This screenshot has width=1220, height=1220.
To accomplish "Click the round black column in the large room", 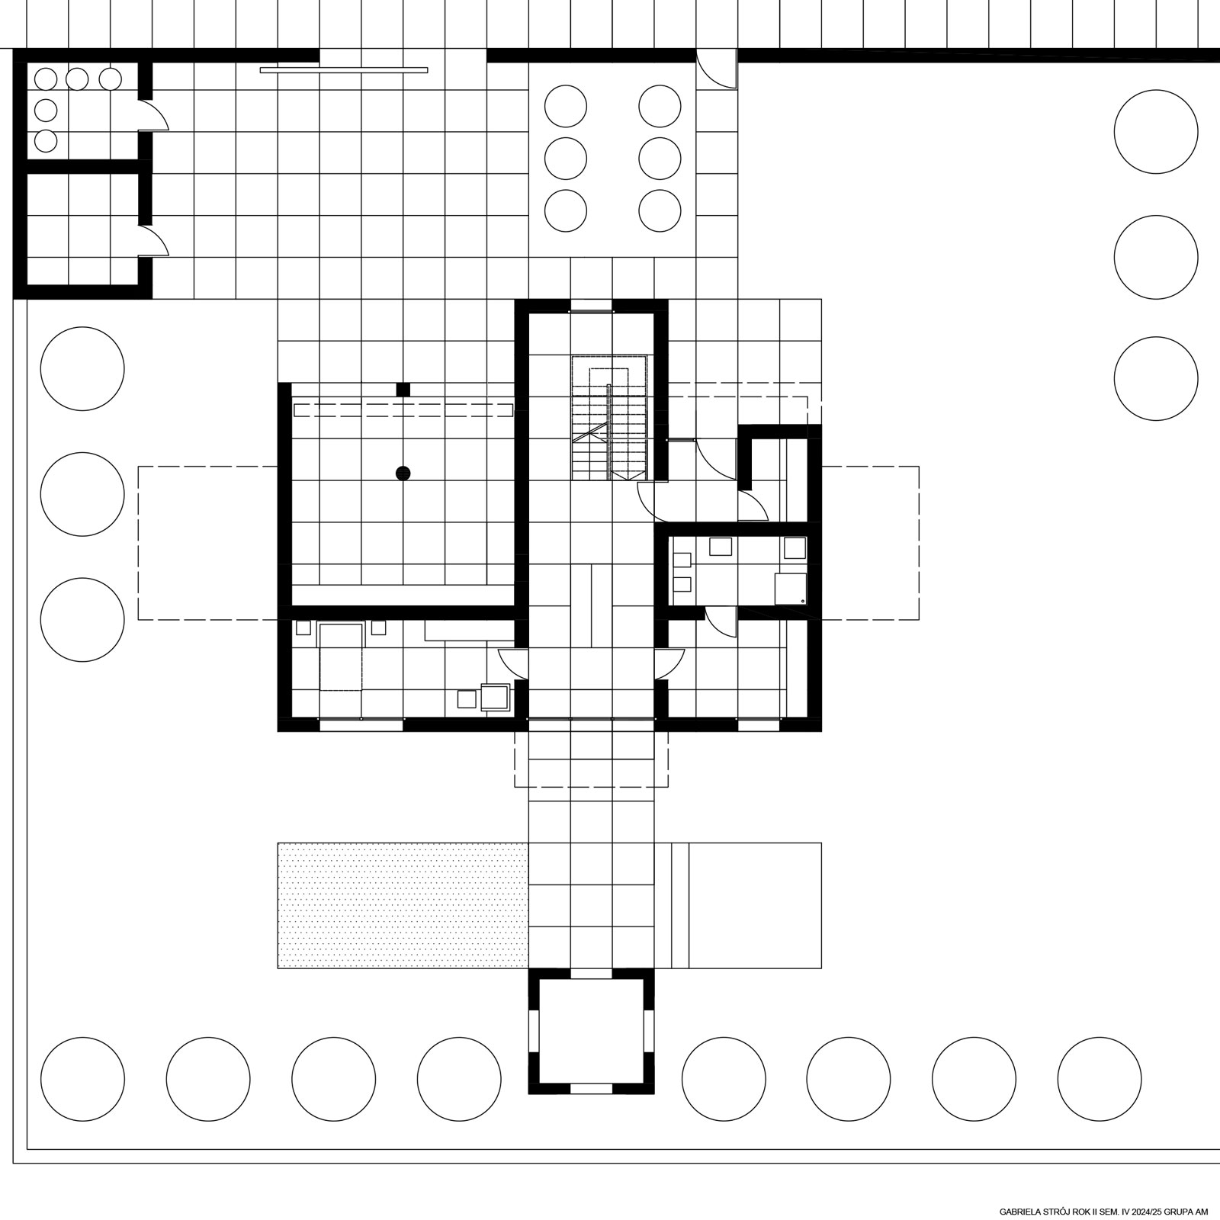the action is pyautogui.click(x=403, y=474).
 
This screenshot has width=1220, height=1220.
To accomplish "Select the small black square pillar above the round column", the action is pyautogui.click(x=403, y=389).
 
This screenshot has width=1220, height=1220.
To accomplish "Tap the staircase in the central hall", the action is pyautogui.click(x=610, y=417).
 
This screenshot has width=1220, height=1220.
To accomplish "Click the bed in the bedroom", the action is pyautogui.click(x=342, y=657).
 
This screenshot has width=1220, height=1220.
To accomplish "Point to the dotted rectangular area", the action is pyautogui.click(x=403, y=905).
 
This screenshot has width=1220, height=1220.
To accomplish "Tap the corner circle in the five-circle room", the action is pyautogui.click(x=46, y=79).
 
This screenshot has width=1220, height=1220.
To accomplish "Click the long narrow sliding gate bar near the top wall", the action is pyautogui.click(x=343, y=70).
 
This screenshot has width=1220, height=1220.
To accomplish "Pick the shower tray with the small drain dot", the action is pyautogui.click(x=791, y=589).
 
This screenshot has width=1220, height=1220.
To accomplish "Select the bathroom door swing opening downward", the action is pyautogui.click(x=721, y=621).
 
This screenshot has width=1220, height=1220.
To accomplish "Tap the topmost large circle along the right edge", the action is pyautogui.click(x=1156, y=131).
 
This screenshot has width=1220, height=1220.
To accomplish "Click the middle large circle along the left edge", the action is pyautogui.click(x=82, y=494).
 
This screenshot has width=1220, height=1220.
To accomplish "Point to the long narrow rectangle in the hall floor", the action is pyautogui.click(x=592, y=605).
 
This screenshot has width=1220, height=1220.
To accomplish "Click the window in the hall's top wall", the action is pyautogui.click(x=592, y=311).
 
